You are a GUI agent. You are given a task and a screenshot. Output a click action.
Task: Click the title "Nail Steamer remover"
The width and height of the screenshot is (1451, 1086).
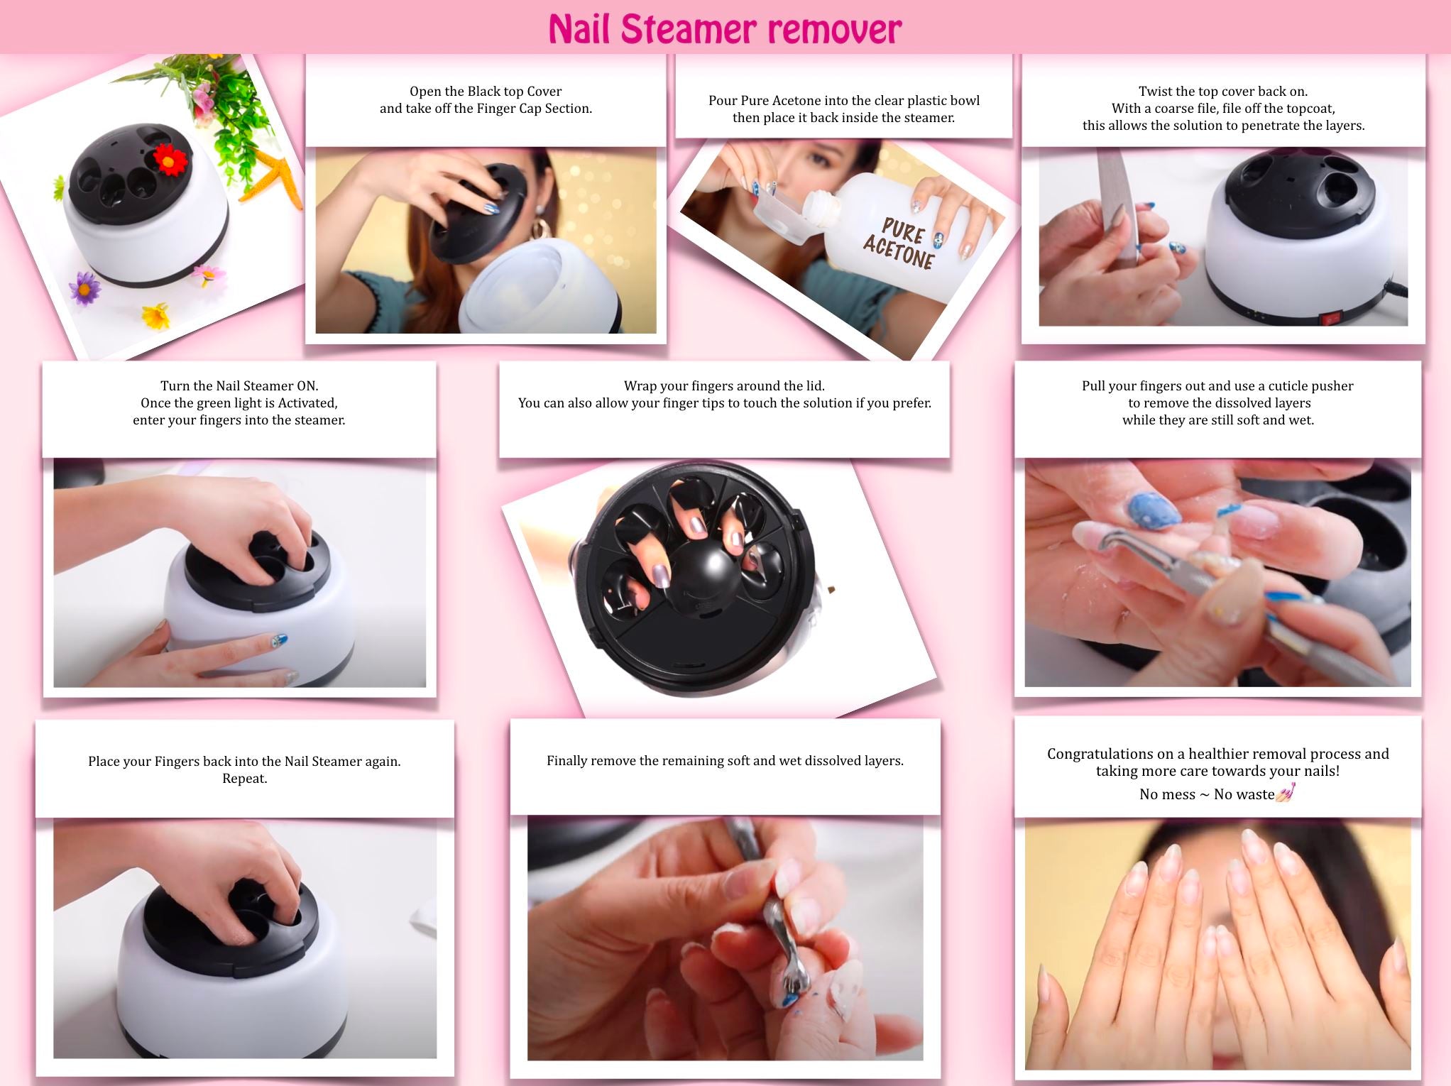point(725,28)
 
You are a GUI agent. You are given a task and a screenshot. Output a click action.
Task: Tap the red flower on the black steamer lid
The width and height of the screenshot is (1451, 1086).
point(169,160)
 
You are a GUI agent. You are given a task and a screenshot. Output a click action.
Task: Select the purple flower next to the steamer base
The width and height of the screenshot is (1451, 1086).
point(85,289)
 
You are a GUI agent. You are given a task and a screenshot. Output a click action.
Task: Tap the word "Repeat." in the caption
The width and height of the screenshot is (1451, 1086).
point(244,778)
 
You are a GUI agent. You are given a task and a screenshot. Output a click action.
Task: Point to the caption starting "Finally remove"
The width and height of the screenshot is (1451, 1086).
point(725,761)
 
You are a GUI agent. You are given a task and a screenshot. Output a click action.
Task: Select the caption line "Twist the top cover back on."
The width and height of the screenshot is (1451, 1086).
point(1223,91)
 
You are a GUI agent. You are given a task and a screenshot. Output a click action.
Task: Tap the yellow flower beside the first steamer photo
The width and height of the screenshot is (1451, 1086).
point(156,316)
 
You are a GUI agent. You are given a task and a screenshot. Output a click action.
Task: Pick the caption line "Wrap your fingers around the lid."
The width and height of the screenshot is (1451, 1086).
point(724,386)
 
